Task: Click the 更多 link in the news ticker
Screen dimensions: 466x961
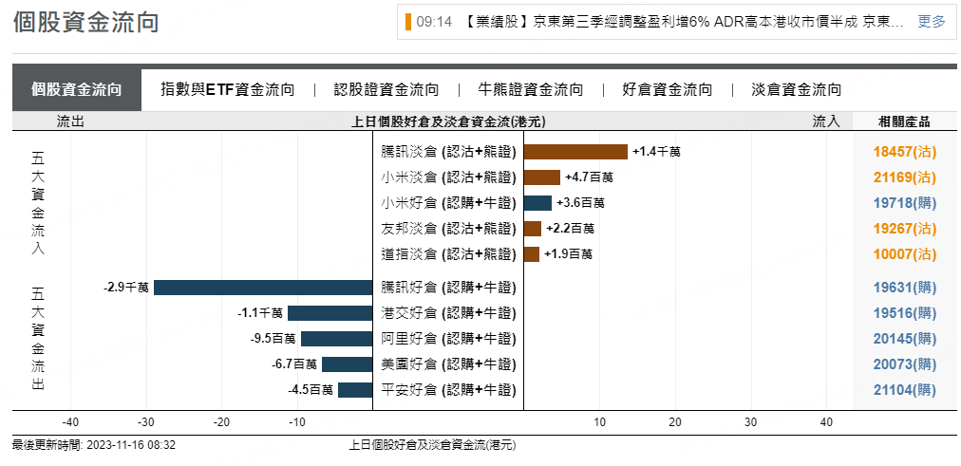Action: coord(931,22)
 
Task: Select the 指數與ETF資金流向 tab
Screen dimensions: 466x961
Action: coord(228,90)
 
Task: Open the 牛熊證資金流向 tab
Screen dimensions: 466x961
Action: coord(531,90)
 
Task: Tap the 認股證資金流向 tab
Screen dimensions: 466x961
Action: coord(386,90)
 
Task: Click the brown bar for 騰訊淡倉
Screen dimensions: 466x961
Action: coord(575,152)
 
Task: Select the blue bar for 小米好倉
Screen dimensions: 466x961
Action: coord(537,203)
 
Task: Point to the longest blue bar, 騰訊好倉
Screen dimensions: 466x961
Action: coord(262,288)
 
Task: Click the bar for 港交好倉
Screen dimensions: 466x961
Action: coord(330,313)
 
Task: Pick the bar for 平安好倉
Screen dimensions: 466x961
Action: coord(355,390)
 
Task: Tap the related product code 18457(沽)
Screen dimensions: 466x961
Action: coord(904,152)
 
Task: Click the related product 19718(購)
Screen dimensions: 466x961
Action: coord(904,203)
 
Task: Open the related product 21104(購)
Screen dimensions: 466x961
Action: coord(904,390)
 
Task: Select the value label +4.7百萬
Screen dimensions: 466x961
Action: coord(589,177)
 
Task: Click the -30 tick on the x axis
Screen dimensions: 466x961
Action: coord(146,422)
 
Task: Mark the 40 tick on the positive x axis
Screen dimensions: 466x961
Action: coord(826,422)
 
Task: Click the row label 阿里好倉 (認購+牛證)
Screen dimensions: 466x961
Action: coord(448,339)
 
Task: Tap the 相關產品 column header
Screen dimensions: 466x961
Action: coord(904,121)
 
